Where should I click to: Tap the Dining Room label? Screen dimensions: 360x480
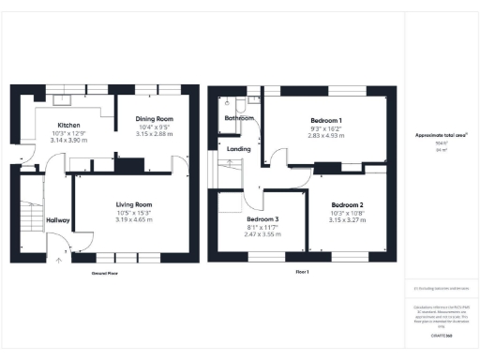[156, 119]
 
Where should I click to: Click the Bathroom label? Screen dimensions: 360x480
[238, 119]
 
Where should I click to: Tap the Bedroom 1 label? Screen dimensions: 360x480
[327, 121]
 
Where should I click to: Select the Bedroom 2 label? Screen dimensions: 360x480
[347, 204]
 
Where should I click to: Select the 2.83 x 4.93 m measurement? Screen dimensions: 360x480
[327, 136]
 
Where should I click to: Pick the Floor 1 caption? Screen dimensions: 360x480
[302, 271]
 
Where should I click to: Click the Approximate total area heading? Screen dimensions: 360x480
[442, 135]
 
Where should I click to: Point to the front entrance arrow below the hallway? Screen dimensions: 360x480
[60, 262]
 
